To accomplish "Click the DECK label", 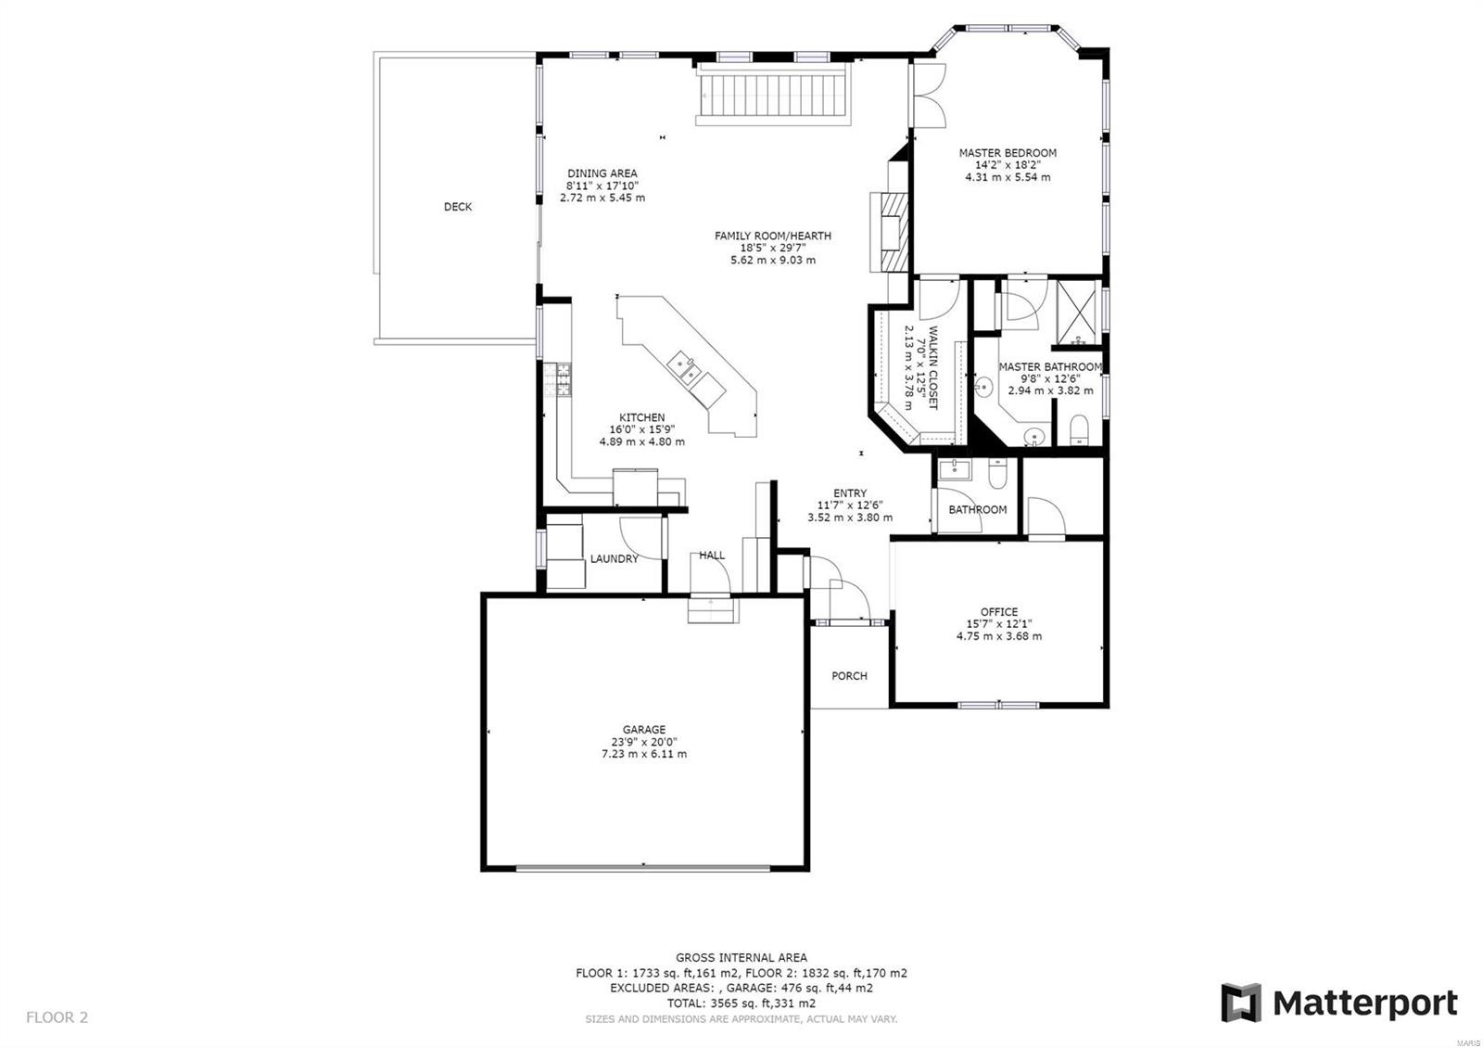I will (x=458, y=207).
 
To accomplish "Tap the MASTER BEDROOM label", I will (x=1007, y=153).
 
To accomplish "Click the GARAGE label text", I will (x=643, y=730).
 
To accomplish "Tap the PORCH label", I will (x=849, y=676).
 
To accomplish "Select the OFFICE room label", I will (x=998, y=612).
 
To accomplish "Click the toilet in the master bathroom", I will (x=1078, y=430).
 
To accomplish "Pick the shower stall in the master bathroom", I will (x=1077, y=304).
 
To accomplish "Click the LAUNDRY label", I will (x=614, y=559).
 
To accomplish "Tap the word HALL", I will (x=712, y=556).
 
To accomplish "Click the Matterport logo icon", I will (x=1241, y=1003).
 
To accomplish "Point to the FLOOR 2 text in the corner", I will (x=57, y=1017).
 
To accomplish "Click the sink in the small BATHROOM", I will (x=953, y=471).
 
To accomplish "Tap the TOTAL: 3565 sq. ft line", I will (x=741, y=1003).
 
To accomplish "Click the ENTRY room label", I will (x=849, y=493).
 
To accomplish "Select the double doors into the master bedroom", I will (x=929, y=96).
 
